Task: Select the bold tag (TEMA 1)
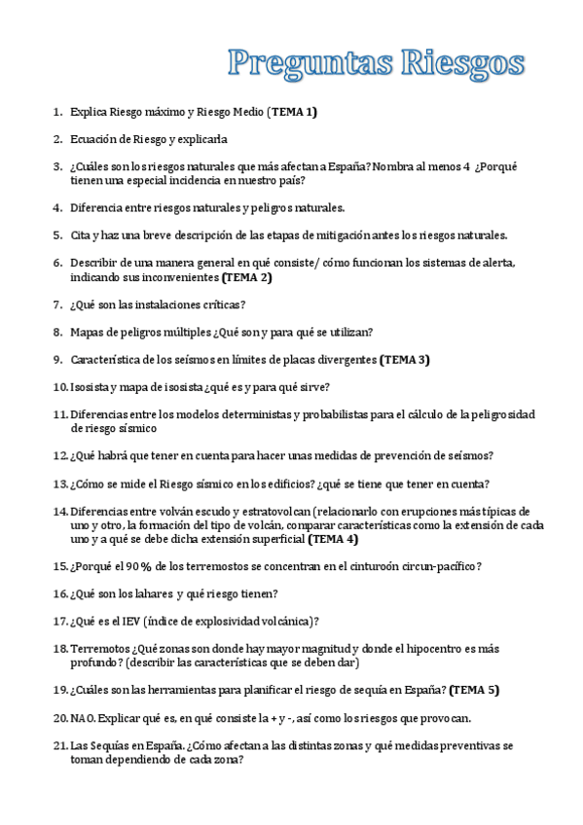[294, 112]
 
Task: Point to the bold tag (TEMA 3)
[404, 359]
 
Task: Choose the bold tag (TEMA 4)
[333, 538]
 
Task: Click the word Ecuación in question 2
[95, 139]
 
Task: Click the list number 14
[59, 511]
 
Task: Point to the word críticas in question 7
[212, 305]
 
